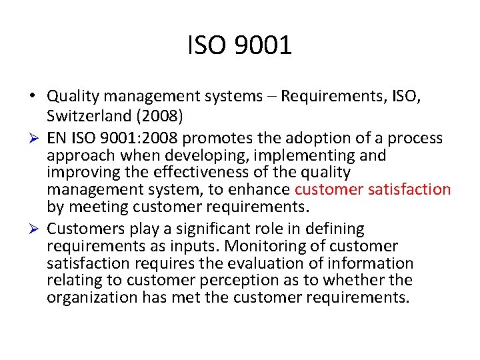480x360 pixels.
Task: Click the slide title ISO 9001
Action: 240,45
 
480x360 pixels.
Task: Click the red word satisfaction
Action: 409,189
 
